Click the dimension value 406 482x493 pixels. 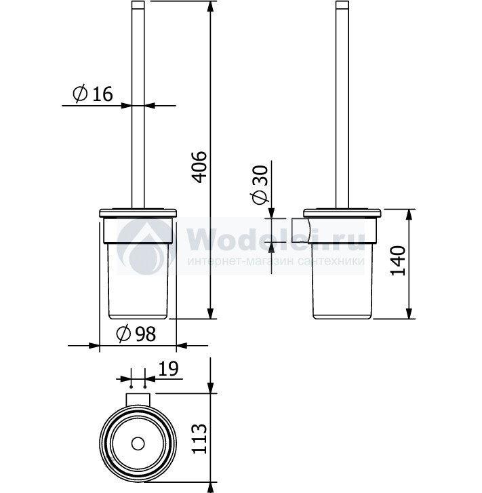[200, 167]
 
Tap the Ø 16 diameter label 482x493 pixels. [92, 94]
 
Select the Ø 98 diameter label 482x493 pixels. [136, 334]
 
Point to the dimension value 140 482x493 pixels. [398, 261]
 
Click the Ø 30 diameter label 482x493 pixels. [260, 185]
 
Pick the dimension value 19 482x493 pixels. [168, 368]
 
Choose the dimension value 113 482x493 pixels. [200, 439]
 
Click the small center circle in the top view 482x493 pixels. [138, 443]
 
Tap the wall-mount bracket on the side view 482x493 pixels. [301, 231]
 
